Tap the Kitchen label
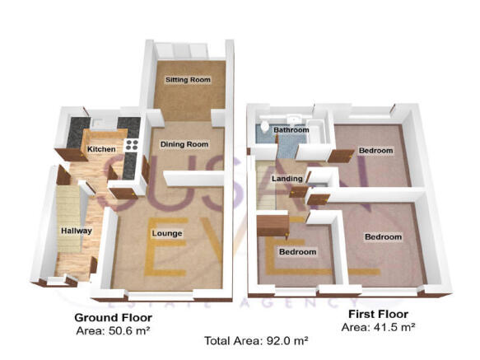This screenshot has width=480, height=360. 102,149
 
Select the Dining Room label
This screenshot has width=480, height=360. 184,144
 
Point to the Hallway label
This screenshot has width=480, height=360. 77,231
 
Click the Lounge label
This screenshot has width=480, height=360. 167,233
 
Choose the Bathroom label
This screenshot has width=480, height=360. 291,130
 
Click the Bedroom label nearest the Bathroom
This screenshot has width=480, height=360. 375,151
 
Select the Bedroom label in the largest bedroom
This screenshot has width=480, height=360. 383,237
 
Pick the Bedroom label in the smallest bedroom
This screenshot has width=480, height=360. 296,251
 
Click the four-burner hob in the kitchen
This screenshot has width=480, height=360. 130,146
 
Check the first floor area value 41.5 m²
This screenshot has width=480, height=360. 378,326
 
